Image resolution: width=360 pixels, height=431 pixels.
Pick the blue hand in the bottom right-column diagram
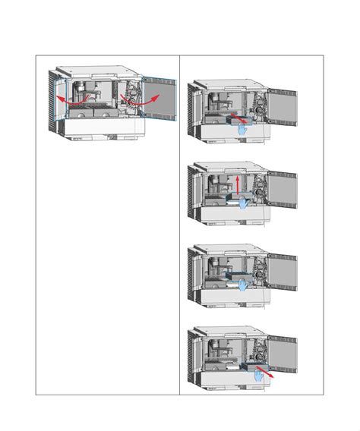click(x=258, y=373)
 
